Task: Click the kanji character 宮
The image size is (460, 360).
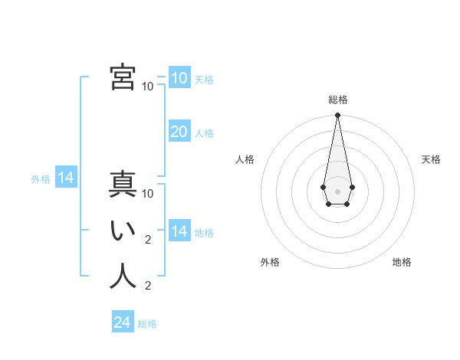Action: click(123, 77)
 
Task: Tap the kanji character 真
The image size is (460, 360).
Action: click(123, 185)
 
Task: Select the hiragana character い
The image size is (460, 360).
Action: click(123, 231)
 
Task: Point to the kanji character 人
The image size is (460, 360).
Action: click(123, 277)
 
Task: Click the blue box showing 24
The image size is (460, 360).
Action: click(123, 322)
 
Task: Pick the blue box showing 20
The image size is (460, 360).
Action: click(179, 132)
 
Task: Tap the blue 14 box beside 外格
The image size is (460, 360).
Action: click(66, 178)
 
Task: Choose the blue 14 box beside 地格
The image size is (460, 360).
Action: click(179, 231)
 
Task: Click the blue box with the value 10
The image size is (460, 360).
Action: click(179, 78)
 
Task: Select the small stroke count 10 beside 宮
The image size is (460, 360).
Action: click(148, 86)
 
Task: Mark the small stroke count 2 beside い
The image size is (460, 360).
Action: click(148, 240)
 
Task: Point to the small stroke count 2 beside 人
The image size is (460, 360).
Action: click(148, 286)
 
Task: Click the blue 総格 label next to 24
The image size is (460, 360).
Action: click(147, 324)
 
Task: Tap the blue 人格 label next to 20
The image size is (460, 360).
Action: click(204, 133)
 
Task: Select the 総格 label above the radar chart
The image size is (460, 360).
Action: click(337, 100)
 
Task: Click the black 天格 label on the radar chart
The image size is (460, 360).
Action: click(431, 159)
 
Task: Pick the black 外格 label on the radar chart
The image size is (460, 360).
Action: click(270, 262)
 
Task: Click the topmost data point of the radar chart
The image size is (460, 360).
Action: click(337, 116)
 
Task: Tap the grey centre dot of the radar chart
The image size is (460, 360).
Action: click(337, 191)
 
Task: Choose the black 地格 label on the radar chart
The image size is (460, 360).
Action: click(402, 262)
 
